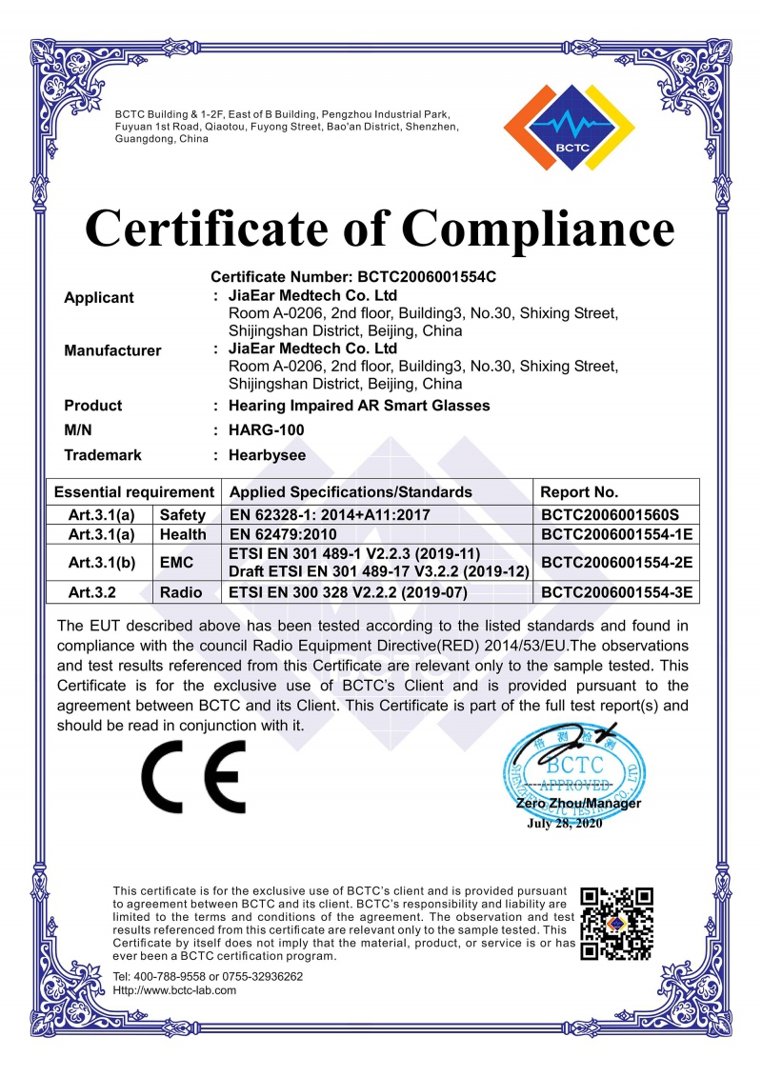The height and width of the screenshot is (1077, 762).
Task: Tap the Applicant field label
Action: pyautogui.click(x=99, y=298)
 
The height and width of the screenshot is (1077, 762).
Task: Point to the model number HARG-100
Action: pyautogui.click(x=267, y=430)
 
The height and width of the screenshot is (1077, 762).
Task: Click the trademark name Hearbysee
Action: pyautogui.click(x=268, y=456)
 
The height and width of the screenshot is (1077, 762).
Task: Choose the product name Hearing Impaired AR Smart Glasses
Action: pyautogui.click(x=359, y=406)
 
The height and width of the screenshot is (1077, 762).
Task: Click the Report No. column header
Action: pyautogui.click(x=579, y=492)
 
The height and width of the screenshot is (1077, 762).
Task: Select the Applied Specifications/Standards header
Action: pyautogui.click(x=351, y=492)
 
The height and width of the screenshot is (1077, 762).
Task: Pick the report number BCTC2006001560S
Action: pyautogui.click(x=615, y=514)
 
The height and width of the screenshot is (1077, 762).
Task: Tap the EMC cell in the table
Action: pyautogui.click(x=177, y=564)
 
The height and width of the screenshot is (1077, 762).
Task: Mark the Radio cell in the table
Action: pyautogui.click(x=182, y=592)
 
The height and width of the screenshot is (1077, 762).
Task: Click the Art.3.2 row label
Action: pyautogui.click(x=91, y=592)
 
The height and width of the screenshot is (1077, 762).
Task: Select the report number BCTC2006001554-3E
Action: pyautogui.click(x=615, y=592)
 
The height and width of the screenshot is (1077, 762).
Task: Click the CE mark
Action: pyautogui.click(x=194, y=775)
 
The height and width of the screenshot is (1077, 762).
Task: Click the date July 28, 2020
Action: pyautogui.click(x=565, y=825)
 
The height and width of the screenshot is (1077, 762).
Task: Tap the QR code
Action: pyautogui.click(x=617, y=923)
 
